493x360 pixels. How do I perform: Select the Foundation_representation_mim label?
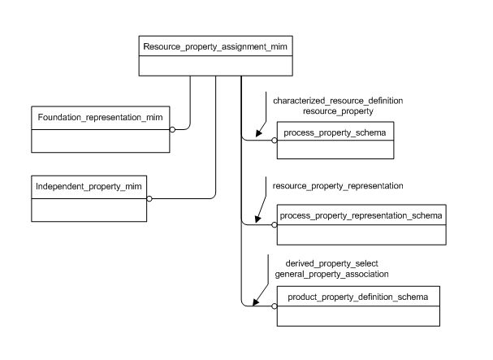pos(100,117)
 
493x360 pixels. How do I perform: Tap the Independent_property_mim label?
pos(89,187)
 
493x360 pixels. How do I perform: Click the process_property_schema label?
pos(335,131)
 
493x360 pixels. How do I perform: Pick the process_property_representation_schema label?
pos(361,215)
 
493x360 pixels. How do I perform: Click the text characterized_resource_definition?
pos(338,100)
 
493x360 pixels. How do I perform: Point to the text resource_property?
pos(338,110)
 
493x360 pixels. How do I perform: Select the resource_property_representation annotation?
pos(338,186)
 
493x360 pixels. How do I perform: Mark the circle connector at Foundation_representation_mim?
pos(172,128)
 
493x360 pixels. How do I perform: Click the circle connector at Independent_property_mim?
pos(149,197)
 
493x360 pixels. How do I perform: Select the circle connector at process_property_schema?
pos(273,140)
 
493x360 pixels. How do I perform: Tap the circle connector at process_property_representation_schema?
pos(273,225)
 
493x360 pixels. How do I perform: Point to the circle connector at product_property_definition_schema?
pos(274,306)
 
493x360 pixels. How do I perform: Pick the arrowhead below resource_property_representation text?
pos(258,219)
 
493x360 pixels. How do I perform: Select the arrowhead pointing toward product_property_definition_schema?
pos(257,301)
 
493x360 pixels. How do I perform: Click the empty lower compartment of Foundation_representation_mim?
pos(100,139)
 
